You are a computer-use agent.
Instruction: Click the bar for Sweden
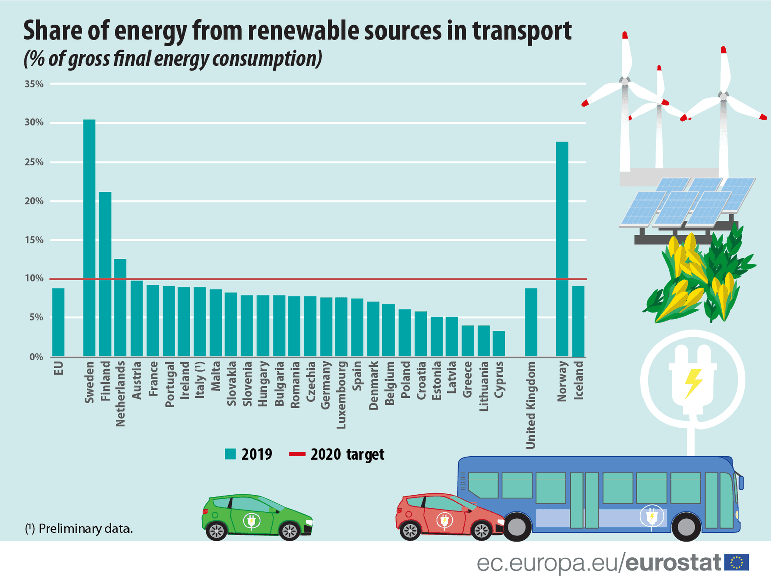pyautogui.click(x=89, y=238)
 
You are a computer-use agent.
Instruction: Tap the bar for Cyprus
pyautogui.click(x=499, y=344)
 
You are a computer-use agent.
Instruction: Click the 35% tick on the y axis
pyautogui.click(x=34, y=84)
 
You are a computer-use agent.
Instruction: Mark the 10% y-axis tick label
pyautogui.click(x=34, y=279)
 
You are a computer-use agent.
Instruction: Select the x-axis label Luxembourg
pyautogui.click(x=341, y=395)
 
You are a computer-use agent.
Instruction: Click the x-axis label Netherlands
pyautogui.click(x=120, y=394)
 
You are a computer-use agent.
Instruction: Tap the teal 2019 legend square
pyautogui.click(x=230, y=454)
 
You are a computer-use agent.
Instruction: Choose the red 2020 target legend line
pyautogui.click(x=297, y=454)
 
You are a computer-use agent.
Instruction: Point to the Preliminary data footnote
pyautogui.click(x=79, y=528)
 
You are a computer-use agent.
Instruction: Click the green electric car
pyautogui.click(x=257, y=517)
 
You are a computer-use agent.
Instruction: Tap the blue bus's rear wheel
pyautogui.click(x=517, y=526)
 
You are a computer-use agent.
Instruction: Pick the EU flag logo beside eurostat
pyautogui.click(x=737, y=563)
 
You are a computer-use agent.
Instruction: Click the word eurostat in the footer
pyautogui.click(x=674, y=563)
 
